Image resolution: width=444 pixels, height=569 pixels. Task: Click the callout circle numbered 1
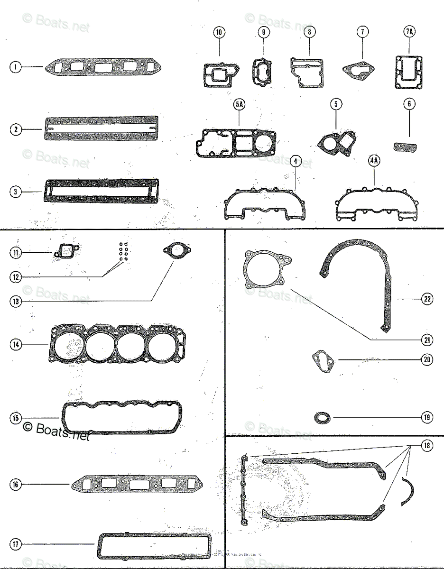[16, 67]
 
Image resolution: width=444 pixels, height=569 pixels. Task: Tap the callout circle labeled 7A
[409, 32]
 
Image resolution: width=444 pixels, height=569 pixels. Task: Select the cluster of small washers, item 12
[123, 251]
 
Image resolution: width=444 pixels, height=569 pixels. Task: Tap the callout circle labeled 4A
[374, 161]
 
